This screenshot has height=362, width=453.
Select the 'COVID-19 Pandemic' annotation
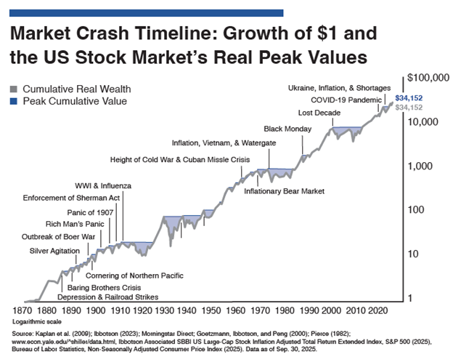click(344, 99)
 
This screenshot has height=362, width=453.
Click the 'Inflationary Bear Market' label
click(284, 191)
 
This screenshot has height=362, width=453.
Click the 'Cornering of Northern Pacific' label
click(134, 275)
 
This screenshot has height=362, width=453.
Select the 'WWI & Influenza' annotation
click(103, 185)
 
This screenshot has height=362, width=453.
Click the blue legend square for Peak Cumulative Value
click(15, 101)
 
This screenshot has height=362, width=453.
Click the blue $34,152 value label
click(408, 97)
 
